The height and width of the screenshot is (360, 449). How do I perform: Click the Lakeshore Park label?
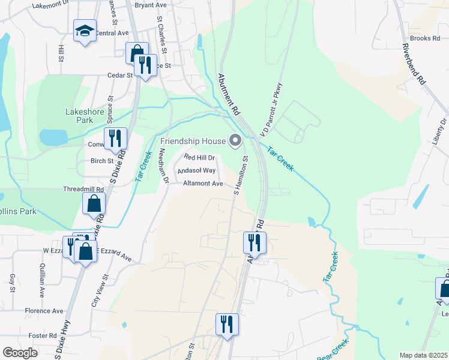tap(79, 115)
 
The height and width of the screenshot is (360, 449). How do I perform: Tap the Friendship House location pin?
tap(235, 141)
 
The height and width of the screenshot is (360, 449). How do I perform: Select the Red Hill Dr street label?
tap(199, 157)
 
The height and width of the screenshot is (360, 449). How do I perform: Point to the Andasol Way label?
tap(196, 171)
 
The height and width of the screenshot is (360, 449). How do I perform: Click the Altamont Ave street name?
tap(203, 184)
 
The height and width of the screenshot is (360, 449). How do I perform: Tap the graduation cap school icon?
tap(85, 31)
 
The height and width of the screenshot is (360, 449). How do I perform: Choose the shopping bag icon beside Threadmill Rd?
tap(94, 204)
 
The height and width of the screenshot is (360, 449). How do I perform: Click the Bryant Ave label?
tap(151, 5)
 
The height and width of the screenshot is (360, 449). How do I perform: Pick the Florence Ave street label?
tap(44, 311)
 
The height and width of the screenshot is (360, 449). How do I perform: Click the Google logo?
tap(20, 352)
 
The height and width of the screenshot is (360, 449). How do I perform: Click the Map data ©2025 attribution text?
tap(423, 355)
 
